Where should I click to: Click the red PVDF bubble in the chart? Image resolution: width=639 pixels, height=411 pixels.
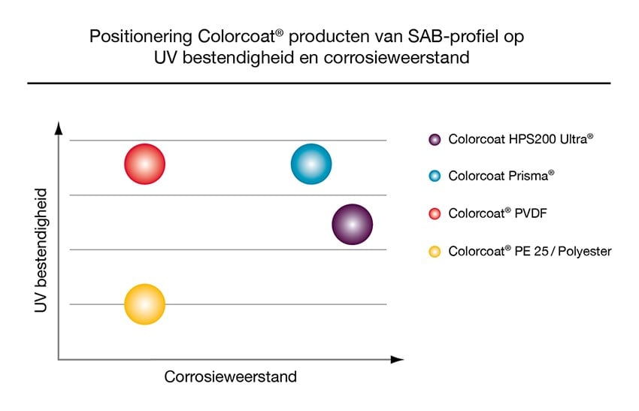pyautogui.click(x=144, y=164)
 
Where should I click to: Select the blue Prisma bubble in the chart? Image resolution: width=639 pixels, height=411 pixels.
pyautogui.click(x=311, y=164)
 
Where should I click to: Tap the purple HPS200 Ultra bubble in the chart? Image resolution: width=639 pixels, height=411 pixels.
pyautogui.click(x=353, y=225)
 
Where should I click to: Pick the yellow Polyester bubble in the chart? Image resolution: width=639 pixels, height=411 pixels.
pyautogui.click(x=144, y=304)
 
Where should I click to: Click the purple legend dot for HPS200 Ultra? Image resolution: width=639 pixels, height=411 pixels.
pyautogui.click(x=435, y=140)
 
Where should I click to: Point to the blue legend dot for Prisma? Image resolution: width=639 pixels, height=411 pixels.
pyautogui.click(x=435, y=176)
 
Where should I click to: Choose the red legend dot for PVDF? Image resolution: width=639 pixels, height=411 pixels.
pyautogui.click(x=435, y=213)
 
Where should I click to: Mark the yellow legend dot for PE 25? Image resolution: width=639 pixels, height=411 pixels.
pyautogui.click(x=435, y=251)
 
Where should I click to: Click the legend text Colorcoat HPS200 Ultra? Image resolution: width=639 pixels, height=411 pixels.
pyautogui.click(x=521, y=139)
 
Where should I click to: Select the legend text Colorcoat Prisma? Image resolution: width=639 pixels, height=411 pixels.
pyautogui.click(x=501, y=176)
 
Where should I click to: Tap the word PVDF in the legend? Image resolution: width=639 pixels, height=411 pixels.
pyautogui.click(x=531, y=213)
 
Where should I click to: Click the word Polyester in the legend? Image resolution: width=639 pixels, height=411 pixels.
pyautogui.click(x=585, y=251)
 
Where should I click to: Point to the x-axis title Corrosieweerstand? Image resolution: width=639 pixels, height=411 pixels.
pyautogui.click(x=230, y=376)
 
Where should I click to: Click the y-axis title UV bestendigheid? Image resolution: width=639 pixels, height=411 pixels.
pyautogui.click(x=41, y=250)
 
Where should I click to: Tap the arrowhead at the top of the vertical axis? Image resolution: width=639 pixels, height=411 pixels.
pyautogui.click(x=59, y=128)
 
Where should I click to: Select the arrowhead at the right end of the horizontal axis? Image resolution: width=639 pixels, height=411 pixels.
pyautogui.click(x=398, y=359)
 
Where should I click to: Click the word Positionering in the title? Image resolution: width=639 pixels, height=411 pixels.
pyautogui.click(x=141, y=37)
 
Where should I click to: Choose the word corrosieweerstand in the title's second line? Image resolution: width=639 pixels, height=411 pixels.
pyautogui.click(x=396, y=57)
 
